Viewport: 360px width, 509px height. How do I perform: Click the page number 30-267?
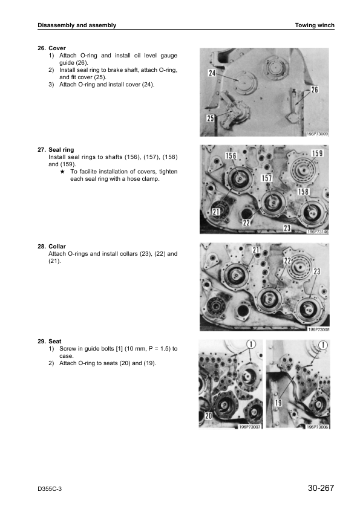[x=321, y=488]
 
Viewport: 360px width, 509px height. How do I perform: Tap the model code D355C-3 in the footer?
[x=50, y=489]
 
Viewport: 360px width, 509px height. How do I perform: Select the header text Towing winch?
[x=315, y=25]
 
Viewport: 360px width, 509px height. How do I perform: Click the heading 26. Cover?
[x=51, y=48]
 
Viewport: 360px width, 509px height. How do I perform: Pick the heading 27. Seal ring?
[x=56, y=150]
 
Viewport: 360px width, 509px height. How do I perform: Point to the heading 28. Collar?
[x=51, y=247]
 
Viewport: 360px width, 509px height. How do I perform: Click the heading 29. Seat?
[x=50, y=341]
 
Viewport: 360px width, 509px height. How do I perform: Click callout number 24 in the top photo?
[x=212, y=73]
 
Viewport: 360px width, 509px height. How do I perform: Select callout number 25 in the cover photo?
[x=211, y=118]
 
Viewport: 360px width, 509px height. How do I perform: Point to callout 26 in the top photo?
[x=315, y=89]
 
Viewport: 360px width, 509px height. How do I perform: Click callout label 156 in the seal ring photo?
[x=231, y=156]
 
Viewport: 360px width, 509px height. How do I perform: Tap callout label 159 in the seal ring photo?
[x=317, y=153]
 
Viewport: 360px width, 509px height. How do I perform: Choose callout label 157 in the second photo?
[x=267, y=178]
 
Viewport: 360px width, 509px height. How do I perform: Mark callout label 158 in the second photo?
[x=303, y=192]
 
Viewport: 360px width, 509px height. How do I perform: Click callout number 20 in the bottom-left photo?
[x=208, y=415]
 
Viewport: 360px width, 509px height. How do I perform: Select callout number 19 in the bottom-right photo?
[x=278, y=403]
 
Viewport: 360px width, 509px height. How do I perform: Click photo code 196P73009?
[x=318, y=134]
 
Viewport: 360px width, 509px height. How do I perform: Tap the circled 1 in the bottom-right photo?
[x=323, y=345]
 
